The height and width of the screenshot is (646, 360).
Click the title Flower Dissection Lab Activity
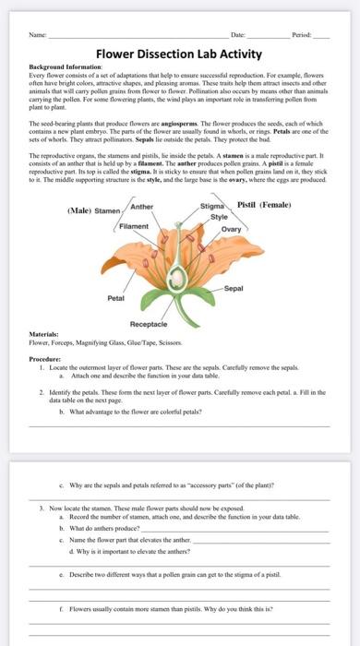point(179,54)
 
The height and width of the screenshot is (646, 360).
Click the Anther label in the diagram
point(142,207)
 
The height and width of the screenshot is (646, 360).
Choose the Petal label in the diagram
point(116,298)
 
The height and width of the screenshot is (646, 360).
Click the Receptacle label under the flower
point(148,325)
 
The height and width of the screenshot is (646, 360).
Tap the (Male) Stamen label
point(94,210)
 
